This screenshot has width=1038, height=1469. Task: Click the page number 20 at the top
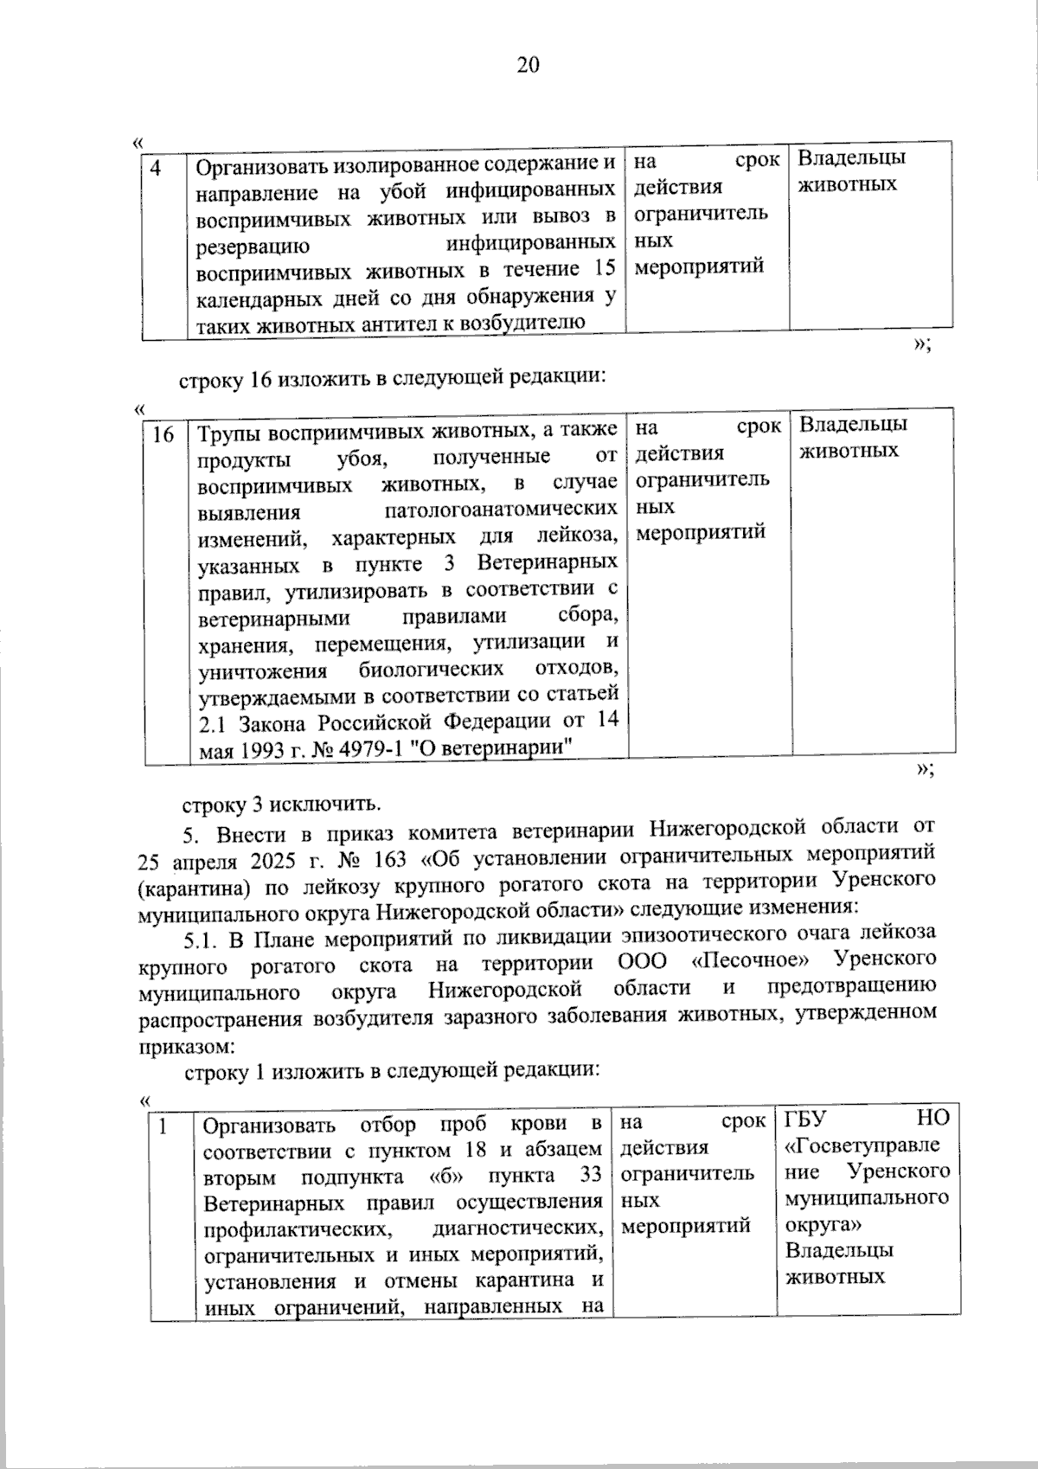[x=528, y=66]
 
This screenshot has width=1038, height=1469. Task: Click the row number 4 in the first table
[x=156, y=167]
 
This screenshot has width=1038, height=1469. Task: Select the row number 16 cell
[x=163, y=434]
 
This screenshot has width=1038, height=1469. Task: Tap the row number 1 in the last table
[x=162, y=1126]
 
